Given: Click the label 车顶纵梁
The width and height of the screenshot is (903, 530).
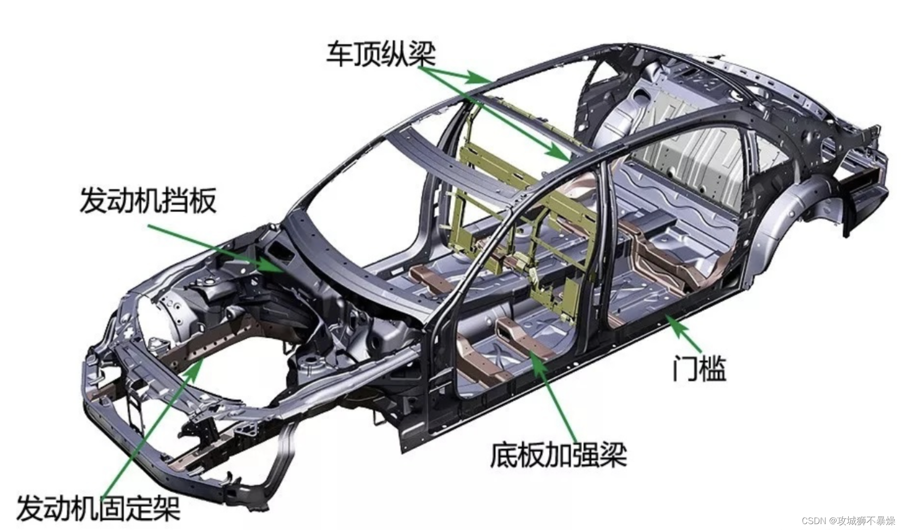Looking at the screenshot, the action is pos(381,53).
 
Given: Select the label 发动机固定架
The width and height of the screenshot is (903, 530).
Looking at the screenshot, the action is pos(98,507).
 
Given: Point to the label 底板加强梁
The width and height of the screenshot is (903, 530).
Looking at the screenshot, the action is pos(558,455).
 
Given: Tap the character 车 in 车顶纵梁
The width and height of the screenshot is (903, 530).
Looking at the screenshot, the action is pos(339,53).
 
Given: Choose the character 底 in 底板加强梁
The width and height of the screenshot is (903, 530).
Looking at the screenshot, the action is pos(504,455).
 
